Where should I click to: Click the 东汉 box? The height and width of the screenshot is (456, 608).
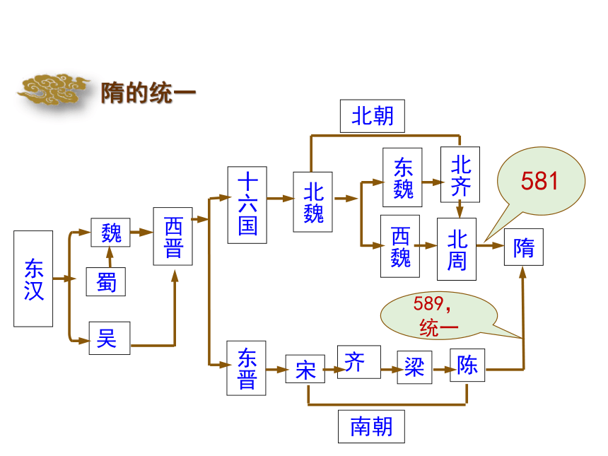[33, 279]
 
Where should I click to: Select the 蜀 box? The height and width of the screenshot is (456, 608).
[106, 281]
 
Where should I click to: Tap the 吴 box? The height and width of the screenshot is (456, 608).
[110, 338]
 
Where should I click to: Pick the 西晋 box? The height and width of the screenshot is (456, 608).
[173, 236]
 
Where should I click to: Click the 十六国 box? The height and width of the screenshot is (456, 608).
[247, 205]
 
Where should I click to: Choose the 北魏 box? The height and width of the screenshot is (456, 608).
[313, 202]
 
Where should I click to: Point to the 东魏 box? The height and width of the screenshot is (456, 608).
[402, 177]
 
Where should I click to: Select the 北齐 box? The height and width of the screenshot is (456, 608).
[460, 175]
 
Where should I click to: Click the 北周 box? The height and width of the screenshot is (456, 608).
[457, 249]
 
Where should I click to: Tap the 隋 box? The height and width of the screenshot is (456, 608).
[524, 247]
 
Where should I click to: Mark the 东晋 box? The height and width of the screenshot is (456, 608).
[246, 368]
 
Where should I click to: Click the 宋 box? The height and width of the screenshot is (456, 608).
[305, 369]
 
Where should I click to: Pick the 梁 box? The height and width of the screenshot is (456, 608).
[414, 367]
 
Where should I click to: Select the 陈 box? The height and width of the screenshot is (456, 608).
[467, 365]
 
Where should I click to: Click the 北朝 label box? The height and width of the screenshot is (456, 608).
[373, 116]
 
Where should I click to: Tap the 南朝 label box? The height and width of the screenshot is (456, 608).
[371, 426]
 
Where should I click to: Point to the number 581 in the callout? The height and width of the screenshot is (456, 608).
[539, 181]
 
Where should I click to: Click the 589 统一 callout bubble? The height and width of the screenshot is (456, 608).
[438, 315]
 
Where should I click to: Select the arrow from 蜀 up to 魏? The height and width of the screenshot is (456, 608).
[110, 257]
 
